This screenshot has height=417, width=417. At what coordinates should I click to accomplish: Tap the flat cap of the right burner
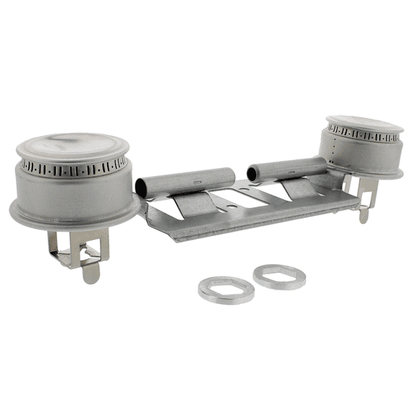pyautogui.click(x=364, y=121)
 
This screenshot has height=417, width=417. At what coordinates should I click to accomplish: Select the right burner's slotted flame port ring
pyautogui.click(x=362, y=135)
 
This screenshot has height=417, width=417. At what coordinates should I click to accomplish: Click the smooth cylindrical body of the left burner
pyautogui.click(x=72, y=192)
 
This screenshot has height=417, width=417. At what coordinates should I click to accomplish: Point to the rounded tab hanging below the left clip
pyautogui.click(x=91, y=272)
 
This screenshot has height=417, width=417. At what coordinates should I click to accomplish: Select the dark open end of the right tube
pyautogui.click(x=252, y=174)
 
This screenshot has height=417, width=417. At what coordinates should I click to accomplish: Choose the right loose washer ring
pyautogui.click(x=279, y=277)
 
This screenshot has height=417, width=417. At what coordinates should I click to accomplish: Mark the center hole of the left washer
pyautogui.click(x=226, y=288)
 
